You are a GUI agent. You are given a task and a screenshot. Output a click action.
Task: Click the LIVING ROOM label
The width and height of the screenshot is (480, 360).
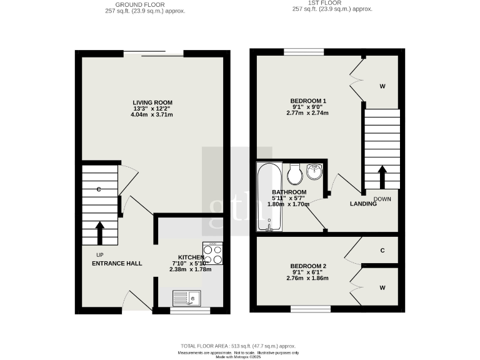(152, 102)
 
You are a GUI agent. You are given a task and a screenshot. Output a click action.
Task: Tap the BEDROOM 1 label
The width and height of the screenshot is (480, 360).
(308, 101)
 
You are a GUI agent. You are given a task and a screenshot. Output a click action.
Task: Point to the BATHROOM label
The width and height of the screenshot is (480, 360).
(289, 192)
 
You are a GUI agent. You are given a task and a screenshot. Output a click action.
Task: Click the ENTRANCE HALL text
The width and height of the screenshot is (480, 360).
(117, 263)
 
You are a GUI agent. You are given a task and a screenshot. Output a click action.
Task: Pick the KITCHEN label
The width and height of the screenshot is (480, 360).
(191, 257)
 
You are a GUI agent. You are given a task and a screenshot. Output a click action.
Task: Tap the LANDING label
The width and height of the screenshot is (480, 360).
(363, 203)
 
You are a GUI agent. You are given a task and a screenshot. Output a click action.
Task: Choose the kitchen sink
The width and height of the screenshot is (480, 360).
(187, 299)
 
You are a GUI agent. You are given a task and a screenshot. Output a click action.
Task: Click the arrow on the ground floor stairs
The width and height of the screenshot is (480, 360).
(99, 232)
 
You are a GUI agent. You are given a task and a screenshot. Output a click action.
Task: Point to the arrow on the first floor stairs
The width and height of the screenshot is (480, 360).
(381, 176)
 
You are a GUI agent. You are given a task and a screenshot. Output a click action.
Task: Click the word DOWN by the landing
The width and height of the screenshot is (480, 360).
(382, 199)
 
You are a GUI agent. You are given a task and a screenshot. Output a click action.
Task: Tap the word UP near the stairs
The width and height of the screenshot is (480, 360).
(99, 254)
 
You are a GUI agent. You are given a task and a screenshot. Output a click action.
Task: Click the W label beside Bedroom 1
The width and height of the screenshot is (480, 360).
(382, 86)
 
